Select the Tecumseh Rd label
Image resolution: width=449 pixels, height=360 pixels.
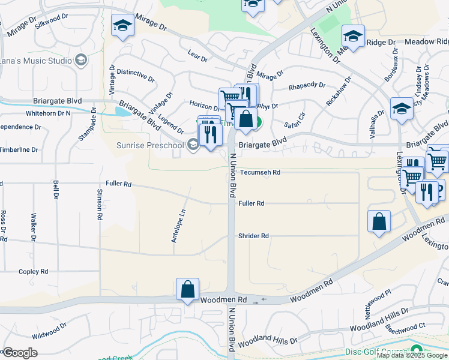[260, 172]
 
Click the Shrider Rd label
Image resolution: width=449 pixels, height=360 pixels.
[253, 236]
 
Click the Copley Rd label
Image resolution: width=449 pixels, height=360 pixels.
[33, 272]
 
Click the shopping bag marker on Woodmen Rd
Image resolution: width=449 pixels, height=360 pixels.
[187, 289]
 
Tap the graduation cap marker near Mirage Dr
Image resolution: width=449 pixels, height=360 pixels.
[122, 26]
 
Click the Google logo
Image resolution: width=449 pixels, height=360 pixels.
[20, 353]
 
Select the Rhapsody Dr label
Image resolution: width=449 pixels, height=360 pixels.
[307, 86]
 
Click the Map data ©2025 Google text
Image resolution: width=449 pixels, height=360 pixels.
[411, 355]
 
